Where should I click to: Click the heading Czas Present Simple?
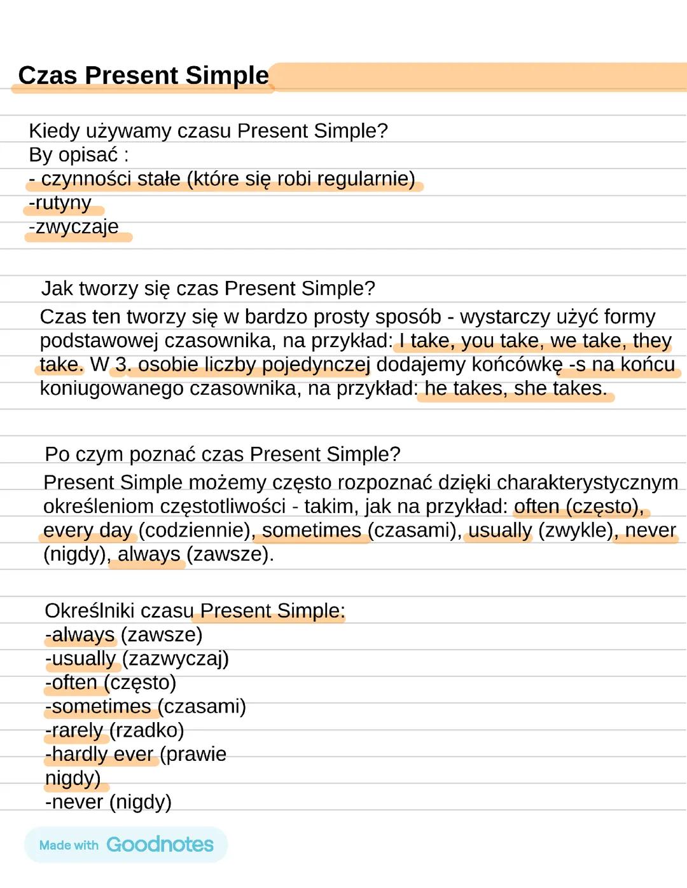click(x=143, y=75)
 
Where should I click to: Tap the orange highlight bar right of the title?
click(x=477, y=77)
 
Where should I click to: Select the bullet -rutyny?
click(x=60, y=203)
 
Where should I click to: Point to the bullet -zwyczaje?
click(x=74, y=227)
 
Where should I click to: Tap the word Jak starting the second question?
click(x=57, y=289)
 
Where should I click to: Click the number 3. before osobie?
click(x=123, y=364)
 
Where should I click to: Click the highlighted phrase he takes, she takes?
click(x=515, y=388)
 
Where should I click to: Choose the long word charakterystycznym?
click(x=587, y=482)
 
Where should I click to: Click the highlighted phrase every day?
click(x=88, y=530)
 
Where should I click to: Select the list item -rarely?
click(x=74, y=730)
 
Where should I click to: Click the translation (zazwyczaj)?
click(x=175, y=659)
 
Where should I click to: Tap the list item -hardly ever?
click(x=99, y=755)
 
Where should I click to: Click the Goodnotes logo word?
click(x=160, y=845)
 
